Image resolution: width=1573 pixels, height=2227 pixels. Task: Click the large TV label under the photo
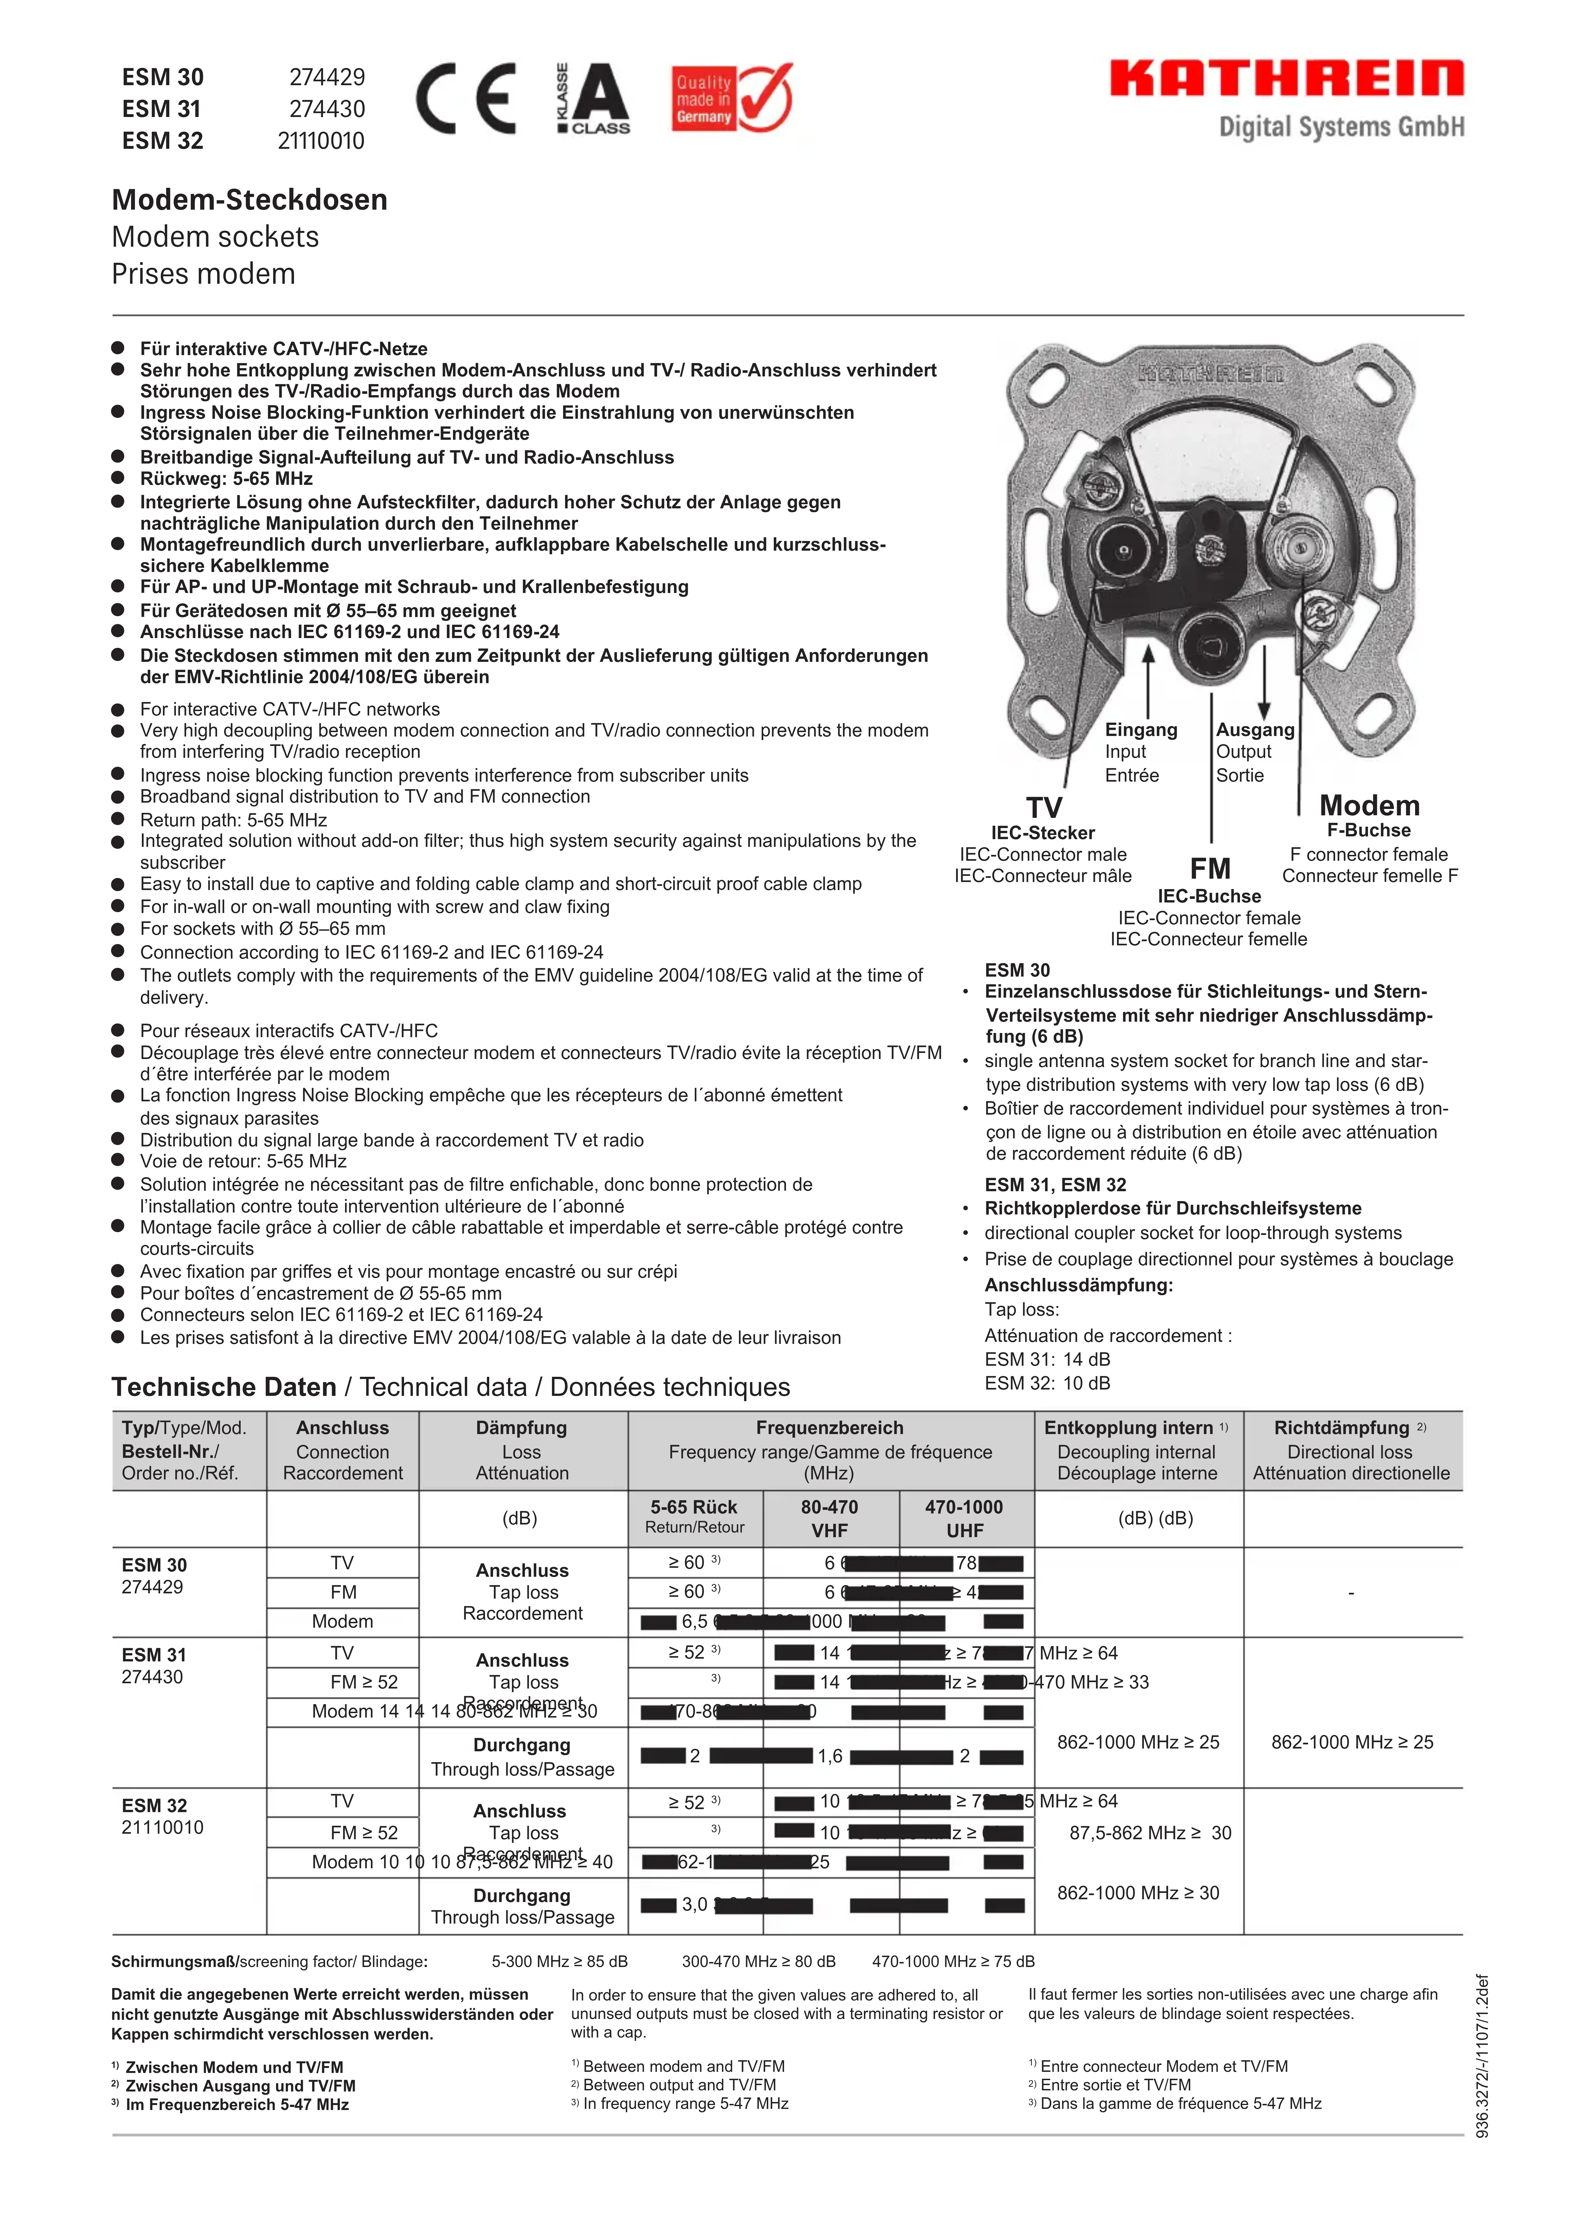[x=1045, y=807]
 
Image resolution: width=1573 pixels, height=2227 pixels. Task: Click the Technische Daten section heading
[x=224, y=1387]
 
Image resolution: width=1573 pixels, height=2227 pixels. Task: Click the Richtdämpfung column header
[x=1341, y=1428]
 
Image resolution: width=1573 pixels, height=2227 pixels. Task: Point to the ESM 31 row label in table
[x=154, y=1655]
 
